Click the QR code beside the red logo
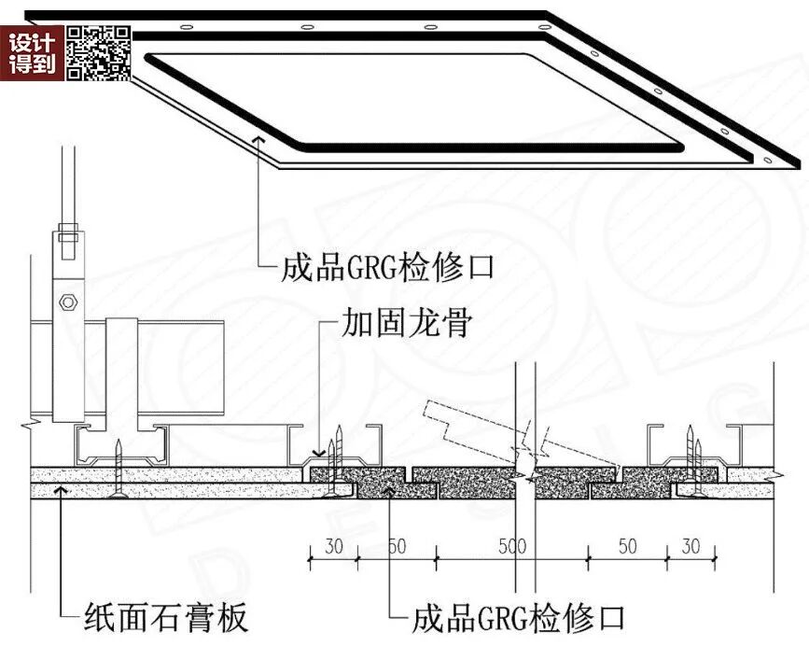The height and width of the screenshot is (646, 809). [97, 52]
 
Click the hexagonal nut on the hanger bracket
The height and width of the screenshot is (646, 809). [66, 302]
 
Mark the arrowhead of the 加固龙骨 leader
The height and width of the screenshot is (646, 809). [320, 454]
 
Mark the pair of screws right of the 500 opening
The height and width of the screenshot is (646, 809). [690, 452]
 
